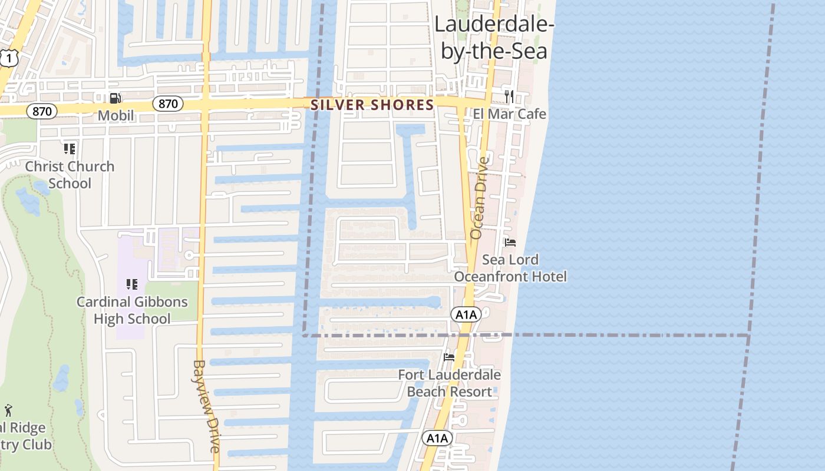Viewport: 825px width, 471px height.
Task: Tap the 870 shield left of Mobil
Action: (x=42, y=111)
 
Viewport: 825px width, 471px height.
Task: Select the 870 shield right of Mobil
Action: (x=168, y=104)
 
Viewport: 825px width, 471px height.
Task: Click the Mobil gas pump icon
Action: (x=115, y=98)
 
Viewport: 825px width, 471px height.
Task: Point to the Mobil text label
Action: (x=116, y=115)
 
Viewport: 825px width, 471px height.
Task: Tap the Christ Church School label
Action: (x=70, y=175)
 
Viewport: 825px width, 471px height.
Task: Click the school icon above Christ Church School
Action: (x=70, y=149)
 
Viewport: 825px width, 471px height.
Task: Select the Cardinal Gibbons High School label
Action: (x=132, y=310)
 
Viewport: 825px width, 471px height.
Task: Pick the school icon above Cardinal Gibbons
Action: (x=132, y=285)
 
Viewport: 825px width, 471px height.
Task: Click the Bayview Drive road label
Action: (x=206, y=406)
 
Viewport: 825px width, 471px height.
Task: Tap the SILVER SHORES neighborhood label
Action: (x=372, y=105)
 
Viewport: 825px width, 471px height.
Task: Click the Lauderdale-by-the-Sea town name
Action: (x=494, y=38)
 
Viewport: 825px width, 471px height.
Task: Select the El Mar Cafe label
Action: (x=510, y=114)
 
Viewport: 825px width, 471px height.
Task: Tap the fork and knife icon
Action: (x=509, y=96)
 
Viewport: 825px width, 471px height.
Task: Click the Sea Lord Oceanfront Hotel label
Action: (x=510, y=268)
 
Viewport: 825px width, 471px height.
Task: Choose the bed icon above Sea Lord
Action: (x=510, y=243)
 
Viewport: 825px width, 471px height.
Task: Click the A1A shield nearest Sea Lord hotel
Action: (x=466, y=314)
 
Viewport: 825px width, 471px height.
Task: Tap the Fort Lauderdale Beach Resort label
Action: (x=449, y=383)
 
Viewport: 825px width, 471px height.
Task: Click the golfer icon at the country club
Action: (x=8, y=410)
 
